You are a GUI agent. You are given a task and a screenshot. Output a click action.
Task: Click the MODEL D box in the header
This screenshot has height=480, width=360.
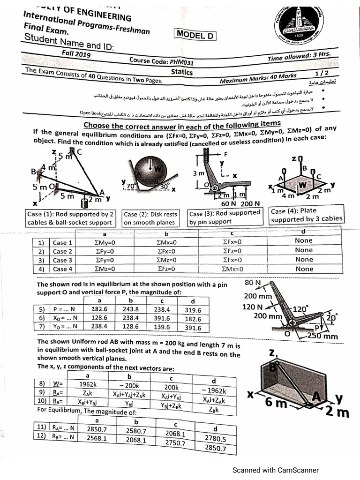[195, 33]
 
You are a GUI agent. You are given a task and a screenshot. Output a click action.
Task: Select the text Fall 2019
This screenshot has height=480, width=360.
[76, 54]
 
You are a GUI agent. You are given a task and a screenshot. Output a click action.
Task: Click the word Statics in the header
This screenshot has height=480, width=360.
[182, 72]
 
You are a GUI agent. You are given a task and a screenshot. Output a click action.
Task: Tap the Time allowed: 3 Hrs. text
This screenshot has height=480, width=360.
[299, 57]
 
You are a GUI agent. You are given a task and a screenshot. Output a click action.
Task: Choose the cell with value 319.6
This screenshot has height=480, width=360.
[193, 310]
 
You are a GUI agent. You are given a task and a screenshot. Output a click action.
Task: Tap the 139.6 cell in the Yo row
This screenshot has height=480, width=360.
[162, 326]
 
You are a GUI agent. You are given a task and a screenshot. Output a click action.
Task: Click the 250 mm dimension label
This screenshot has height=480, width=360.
[323, 336]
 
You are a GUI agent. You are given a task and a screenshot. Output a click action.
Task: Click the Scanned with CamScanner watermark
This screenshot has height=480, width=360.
[276, 470]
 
